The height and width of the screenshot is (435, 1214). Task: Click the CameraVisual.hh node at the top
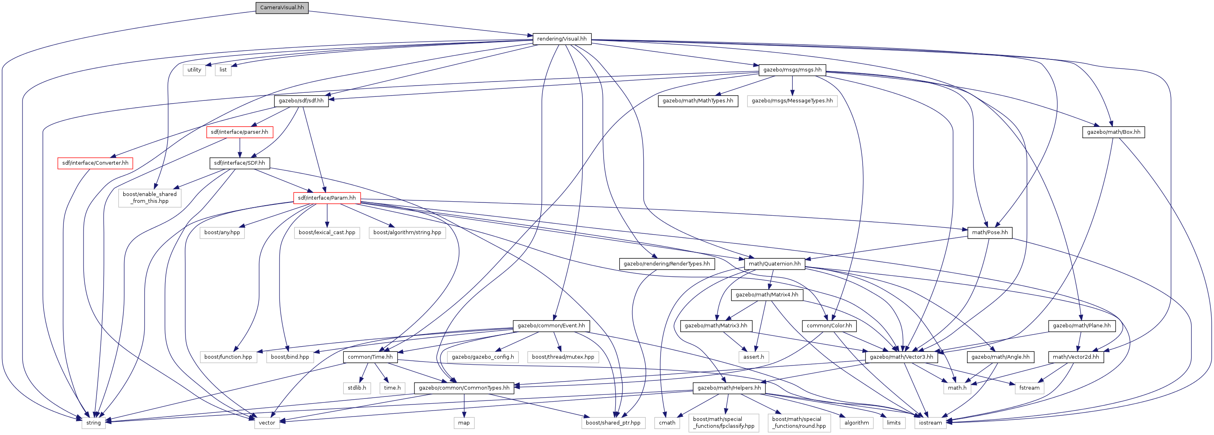pyautogui.click(x=282, y=8)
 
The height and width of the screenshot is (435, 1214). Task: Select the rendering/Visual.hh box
pyautogui.click(x=562, y=39)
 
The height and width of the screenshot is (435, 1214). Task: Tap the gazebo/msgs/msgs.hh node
pyautogui.click(x=792, y=70)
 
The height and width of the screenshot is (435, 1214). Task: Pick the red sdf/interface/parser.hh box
pyautogui.click(x=239, y=132)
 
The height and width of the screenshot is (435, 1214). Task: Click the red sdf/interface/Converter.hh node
pyautogui.click(x=95, y=163)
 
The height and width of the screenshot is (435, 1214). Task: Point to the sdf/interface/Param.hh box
pyautogui.click(x=327, y=198)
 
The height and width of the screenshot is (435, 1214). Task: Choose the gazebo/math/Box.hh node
pyautogui.click(x=1114, y=132)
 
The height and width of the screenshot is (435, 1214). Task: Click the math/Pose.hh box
pyautogui.click(x=990, y=232)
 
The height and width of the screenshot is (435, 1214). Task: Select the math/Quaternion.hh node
pyautogui.click(x=775, y=263)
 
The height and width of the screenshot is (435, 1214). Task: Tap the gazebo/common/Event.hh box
pyautogui.click(x=551, y=326)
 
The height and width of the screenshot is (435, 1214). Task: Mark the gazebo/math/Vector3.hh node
pyautogui.click(x=902, y=357)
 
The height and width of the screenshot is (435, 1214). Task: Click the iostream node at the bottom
pyautogui.click(x=930, y=423)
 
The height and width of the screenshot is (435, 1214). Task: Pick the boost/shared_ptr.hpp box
pyautogui.click(x=613, y=423)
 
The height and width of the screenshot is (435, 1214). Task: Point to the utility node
pyautogui.click(x=194, y=70)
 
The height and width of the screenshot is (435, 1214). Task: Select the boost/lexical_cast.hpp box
pyautogui.click(x=327, y=232)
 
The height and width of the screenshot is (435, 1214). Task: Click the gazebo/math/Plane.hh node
pyautogui.click(x=1081, y=326)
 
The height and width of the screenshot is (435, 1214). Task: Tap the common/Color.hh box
pyautogui.click(x=829, y=326)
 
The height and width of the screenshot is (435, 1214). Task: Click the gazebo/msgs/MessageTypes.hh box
pyautogui.click(x=792, y=101)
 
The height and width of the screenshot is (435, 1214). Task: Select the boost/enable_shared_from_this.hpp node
pyautogui.click(x=150, y=198)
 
